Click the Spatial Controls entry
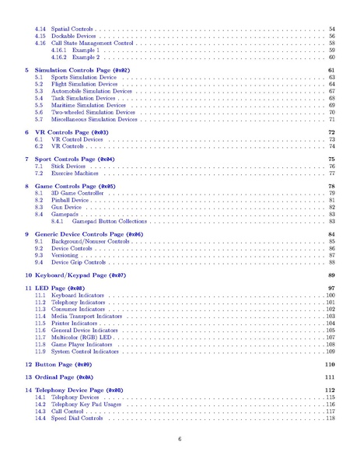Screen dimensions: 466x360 [x=72, y=29]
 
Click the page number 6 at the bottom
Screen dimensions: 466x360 [x=180, y=439]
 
